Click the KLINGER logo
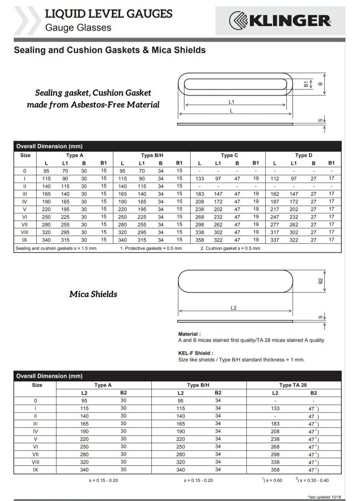pos(280,21)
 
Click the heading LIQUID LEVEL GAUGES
pos(109,14)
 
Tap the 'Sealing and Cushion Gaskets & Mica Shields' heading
pos(110,50)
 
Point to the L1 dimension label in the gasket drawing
pos(231,102)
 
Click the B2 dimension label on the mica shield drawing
pos(321,281)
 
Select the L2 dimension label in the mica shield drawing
pos(233,308)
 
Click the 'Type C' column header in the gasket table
pos(229,155)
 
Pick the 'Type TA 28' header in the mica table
pos(293,385)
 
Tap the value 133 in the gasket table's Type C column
pos(200,178)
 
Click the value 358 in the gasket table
pos(200,240)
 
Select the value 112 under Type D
pos(275,178)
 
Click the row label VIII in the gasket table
pos(25,232)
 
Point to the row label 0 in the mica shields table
pos(35,400)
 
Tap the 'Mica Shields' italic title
pos(93,294)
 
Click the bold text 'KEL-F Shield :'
pos(196,353)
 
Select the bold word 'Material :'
pos(189,334)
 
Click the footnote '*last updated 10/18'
pos(324,497)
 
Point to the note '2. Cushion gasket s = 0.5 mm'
pos(230,248)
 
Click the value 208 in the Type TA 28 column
pos(275,431)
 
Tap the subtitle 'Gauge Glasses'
pos(78,28)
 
